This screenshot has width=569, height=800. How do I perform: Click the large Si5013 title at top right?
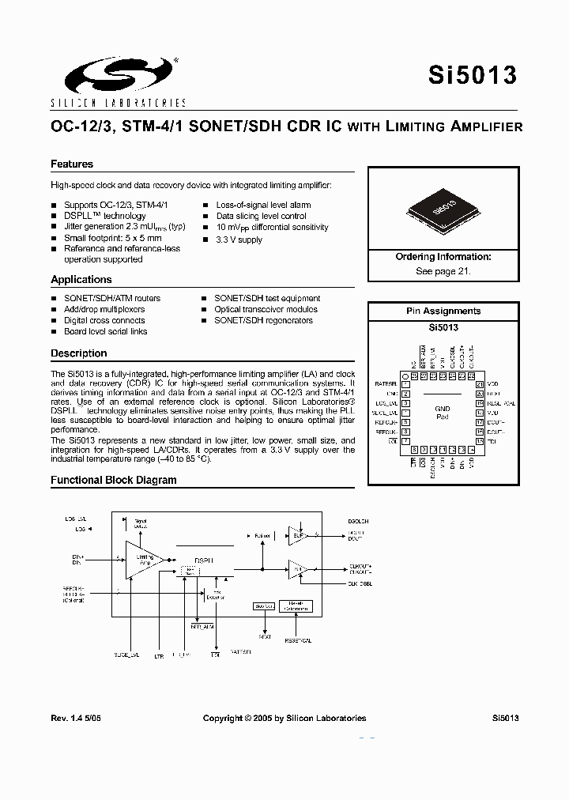click(x=473, y=75)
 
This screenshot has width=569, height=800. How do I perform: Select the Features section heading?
click(x=72, y=164)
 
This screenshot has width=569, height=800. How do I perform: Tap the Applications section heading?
click(x=81, y=280)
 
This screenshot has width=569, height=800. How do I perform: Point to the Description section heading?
click(x=79, y=353)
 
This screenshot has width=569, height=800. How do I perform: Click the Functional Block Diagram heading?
click(x=114, y=480)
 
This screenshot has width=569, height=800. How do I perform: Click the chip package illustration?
click(x=443, y=208)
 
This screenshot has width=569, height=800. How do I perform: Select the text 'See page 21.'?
click(x=443, y=270)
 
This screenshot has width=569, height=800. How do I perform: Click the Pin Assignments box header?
click(x=443, y=311)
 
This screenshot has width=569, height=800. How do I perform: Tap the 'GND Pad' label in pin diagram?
click(x=443, y=413)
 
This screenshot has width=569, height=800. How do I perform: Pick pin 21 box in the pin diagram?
click(x=480, y=384)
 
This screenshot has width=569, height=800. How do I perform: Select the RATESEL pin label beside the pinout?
click(x=387, y=383)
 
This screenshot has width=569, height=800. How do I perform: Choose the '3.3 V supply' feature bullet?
click(x=239, y=240)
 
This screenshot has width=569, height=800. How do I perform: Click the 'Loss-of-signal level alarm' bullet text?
click(x=263, y=205)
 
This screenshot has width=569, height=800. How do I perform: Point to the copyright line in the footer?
click(x=284, y=718)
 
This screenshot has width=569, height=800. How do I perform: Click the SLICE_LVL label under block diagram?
click(x=126, y=655)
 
